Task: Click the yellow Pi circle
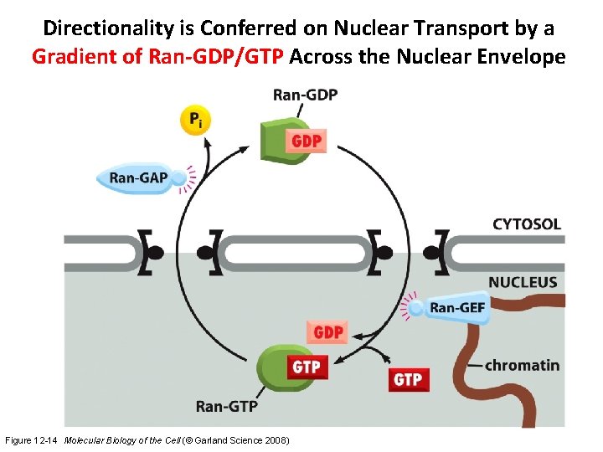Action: coord(195,121)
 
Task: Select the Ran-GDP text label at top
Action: coord(306,95)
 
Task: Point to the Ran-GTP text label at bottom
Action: coord(226,406)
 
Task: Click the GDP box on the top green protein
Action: coord(307,141)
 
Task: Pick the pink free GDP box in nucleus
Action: coord(328,332)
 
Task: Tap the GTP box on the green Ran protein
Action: coord(306,367)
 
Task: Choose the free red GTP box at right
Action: coord(408,379)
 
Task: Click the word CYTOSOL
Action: coord(526,224)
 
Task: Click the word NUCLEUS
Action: coord(523,282)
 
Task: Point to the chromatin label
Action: coord(521,365)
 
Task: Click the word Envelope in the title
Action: coord(524,58)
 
